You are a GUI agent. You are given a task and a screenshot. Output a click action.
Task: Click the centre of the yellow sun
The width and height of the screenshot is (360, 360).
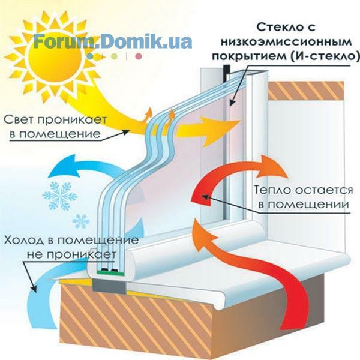[x=55, y=56]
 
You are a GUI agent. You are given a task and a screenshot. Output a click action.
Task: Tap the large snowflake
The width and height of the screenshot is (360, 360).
[x=60, y=196]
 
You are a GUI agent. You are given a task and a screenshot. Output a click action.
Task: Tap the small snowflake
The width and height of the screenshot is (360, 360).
[x=80, y=221]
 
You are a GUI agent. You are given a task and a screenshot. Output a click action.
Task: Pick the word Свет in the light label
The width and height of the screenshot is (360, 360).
[x=20, y=119]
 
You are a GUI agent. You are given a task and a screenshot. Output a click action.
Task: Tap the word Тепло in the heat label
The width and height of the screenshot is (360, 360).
[x=272, y=190]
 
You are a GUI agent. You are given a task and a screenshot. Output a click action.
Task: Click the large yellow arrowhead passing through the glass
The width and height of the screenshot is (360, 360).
[x=219, y=131]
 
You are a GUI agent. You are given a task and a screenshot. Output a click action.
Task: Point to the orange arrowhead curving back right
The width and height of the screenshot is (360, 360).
[x=272, y=166]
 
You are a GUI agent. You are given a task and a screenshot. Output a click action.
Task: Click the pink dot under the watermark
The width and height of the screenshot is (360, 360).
[x=138, y=56]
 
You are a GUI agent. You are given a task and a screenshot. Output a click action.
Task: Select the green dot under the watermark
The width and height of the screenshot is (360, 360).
[x=114, y=56]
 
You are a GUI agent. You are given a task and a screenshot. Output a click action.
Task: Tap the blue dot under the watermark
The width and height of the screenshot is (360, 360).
[x=91, y=56]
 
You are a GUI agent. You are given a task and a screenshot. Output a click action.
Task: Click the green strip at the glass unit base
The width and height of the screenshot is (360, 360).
[x=110, y=272]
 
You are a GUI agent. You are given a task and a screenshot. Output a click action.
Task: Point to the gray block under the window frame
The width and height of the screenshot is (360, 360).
[x=110, y=286]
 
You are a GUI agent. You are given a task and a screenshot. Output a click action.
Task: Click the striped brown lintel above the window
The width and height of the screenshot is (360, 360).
[x=306, y=91]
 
